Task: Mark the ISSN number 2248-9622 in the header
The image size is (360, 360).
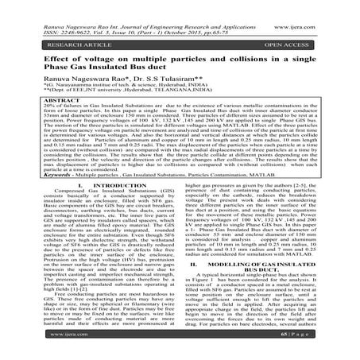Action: click(x=66, y=17)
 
